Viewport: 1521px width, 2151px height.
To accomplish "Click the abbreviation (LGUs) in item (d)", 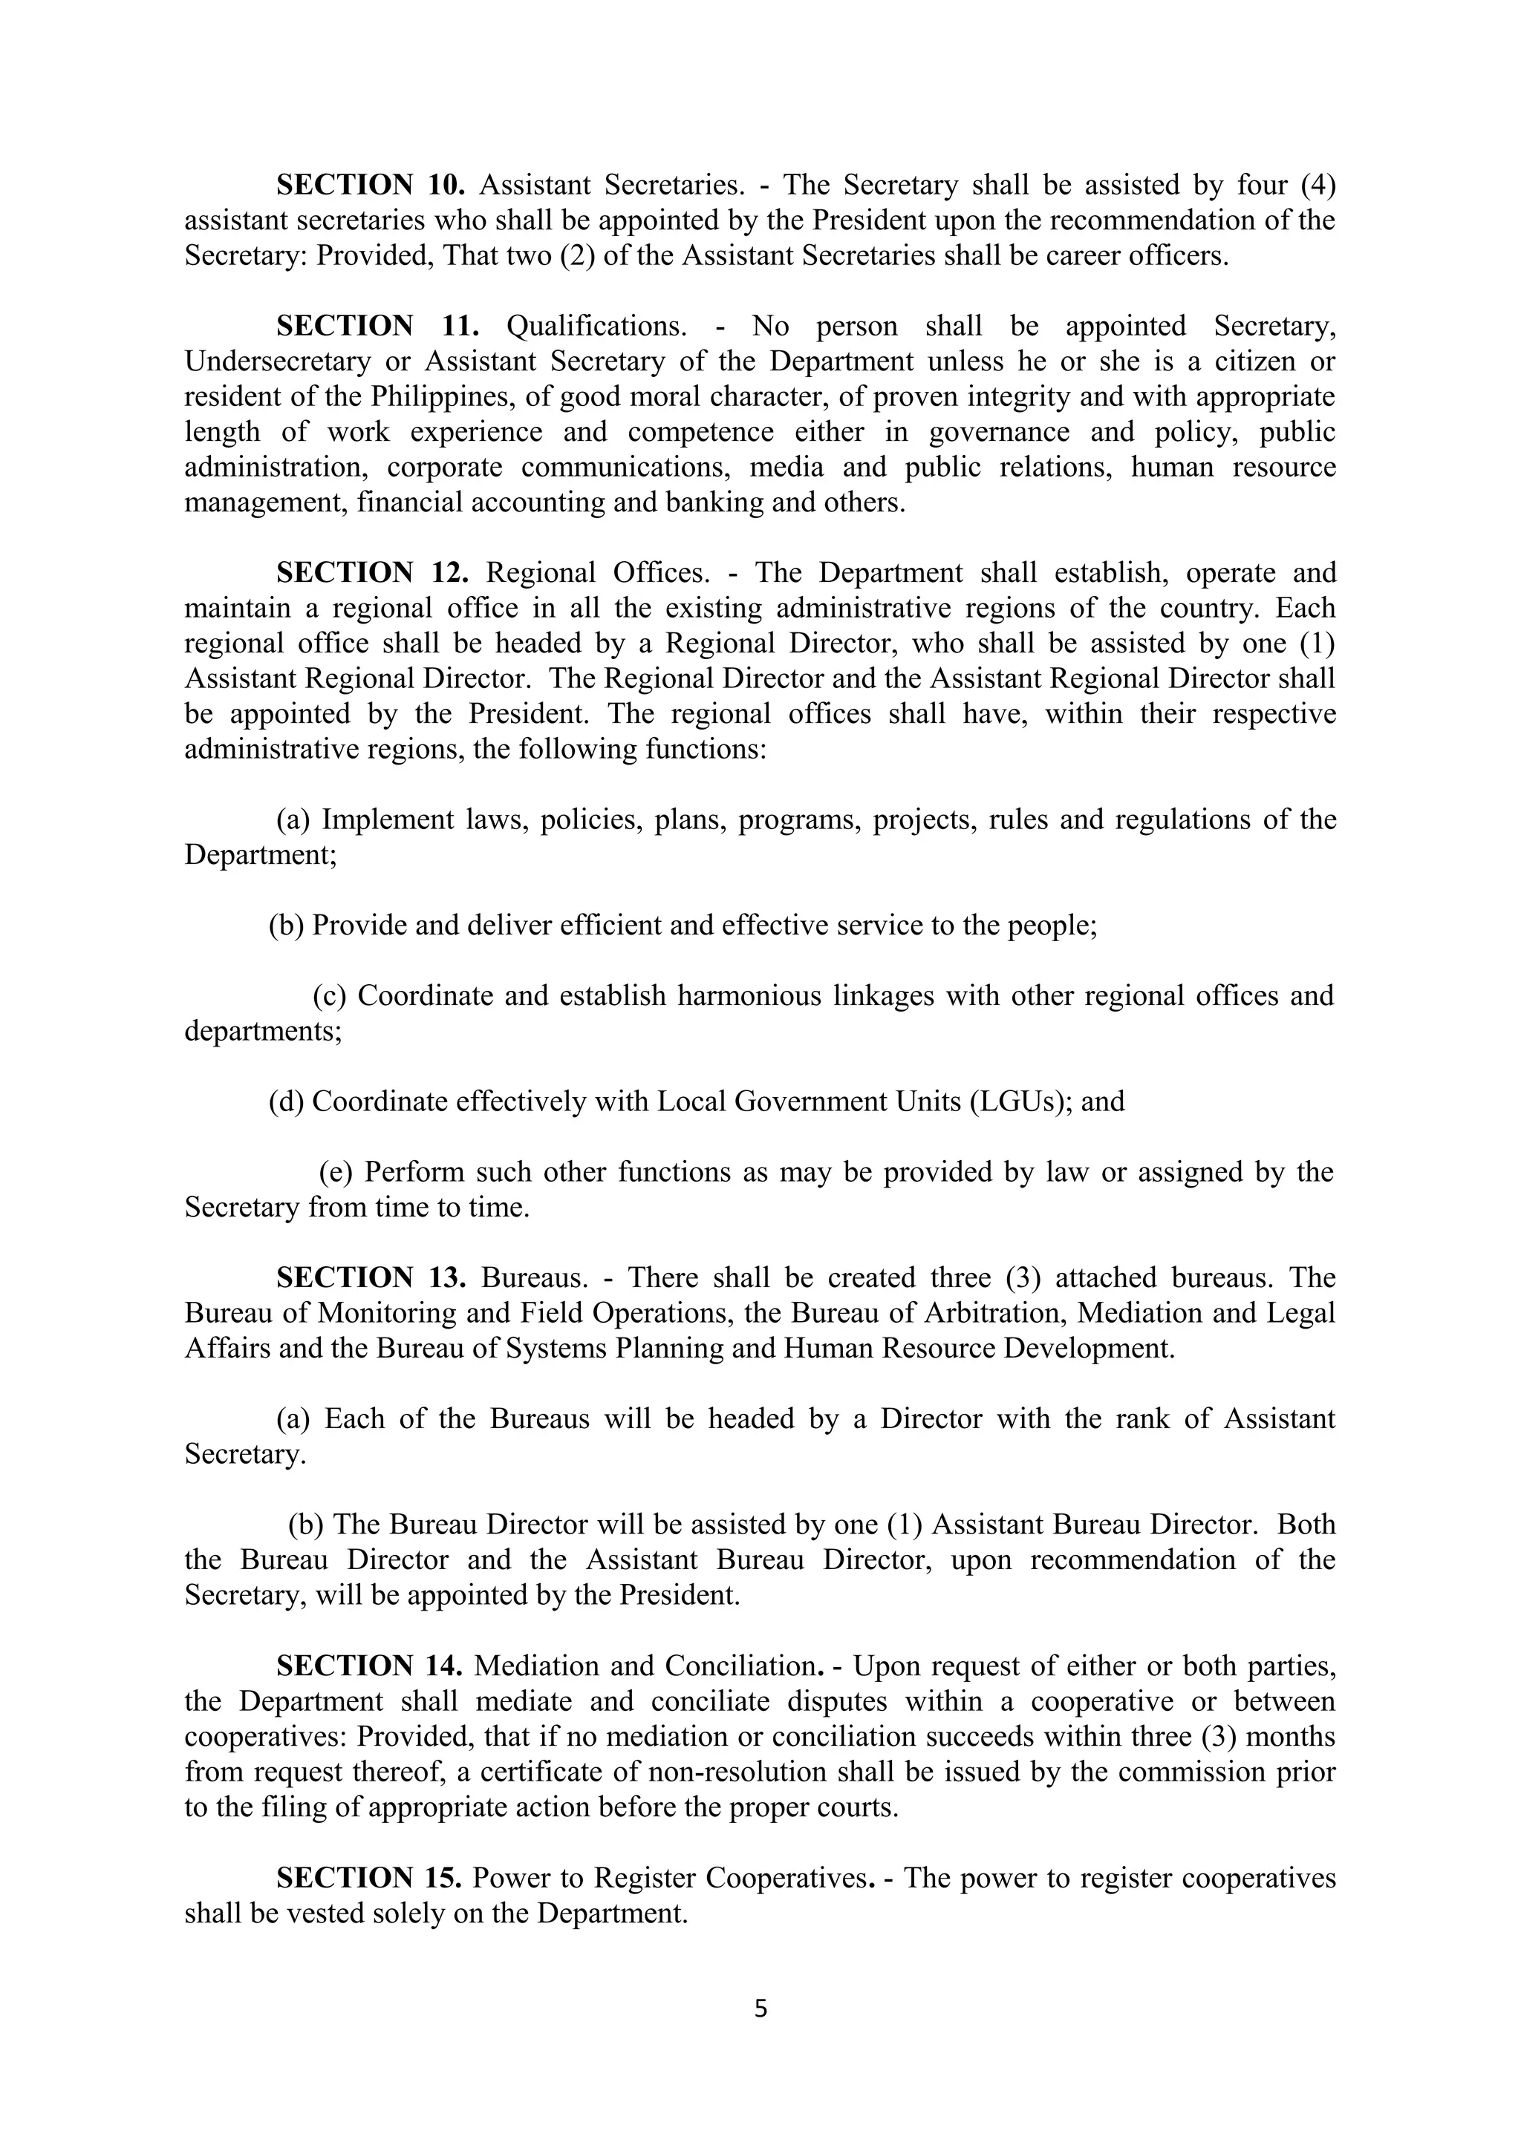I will click(x=1020, y=1101).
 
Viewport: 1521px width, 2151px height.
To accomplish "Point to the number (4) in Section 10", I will click(x=1317, y=185).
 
